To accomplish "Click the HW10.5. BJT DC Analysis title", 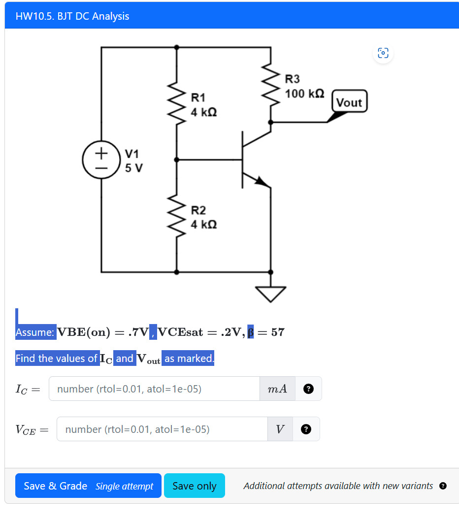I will point(72,16).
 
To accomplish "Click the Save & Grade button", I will point(88,486).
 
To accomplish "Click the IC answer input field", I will point(154,389).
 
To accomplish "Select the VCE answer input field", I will point(162,429).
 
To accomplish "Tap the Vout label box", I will point(349,102).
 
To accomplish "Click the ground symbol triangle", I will point(270,294).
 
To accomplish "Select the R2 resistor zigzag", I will point(176,216).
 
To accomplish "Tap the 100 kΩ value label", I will point(304,93).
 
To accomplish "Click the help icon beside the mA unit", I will point(308,389).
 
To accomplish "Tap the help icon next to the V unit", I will point(306,429).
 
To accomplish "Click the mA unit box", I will point(277,389).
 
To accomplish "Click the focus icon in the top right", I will point(383,53).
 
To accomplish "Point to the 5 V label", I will point(134,168).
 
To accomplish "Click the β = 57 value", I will point(265,332).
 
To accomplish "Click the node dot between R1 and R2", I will point(176,160).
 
